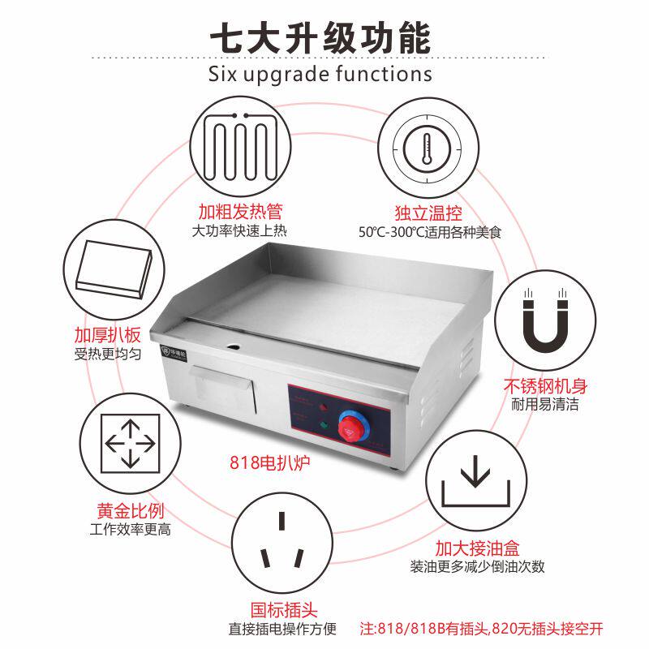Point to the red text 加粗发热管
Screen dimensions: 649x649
point(240,213)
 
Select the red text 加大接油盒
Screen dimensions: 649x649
point(476,548)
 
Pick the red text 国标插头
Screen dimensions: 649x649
point(283,609)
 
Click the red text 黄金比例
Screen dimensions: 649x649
point(130,511)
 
